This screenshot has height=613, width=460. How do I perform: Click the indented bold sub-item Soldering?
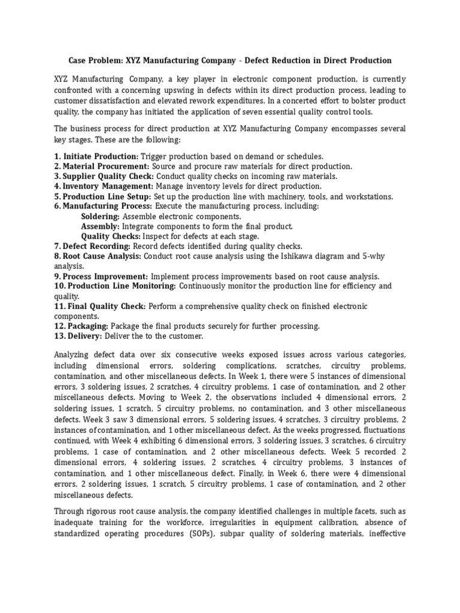(x=100, y=216)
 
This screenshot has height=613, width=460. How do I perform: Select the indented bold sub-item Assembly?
(x=100, y=226)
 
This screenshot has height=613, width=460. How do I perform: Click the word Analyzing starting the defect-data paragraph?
(x=75, y=354)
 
